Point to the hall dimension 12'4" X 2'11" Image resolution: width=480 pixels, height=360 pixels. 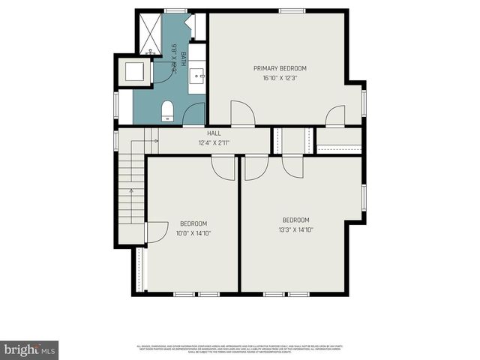tap(214, 142)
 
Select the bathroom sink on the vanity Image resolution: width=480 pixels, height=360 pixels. tap(198, 75)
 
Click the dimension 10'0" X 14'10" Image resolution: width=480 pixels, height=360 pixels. tap(194, 233)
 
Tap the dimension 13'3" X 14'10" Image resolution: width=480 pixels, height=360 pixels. tap(296, 230)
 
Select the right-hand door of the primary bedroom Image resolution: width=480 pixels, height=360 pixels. tap(335, 116)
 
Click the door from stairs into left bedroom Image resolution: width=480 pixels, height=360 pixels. tap(156, 232)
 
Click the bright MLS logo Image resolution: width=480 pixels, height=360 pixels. tap(29, 349)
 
